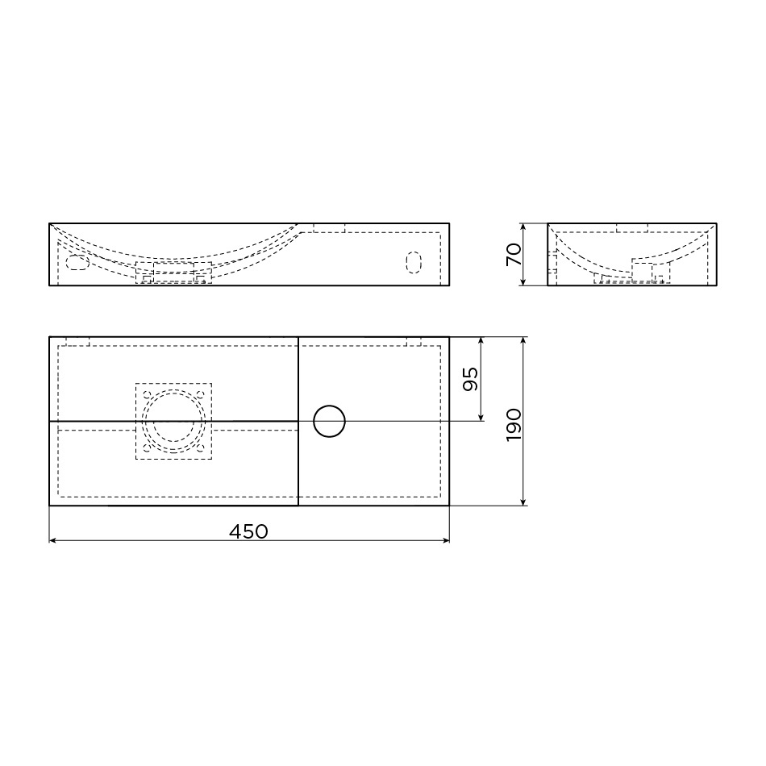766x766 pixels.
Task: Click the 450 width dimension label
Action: (x=248, y=531)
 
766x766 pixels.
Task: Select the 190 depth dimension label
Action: (x=514, y=426)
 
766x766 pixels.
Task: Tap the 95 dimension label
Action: (x=470, y=379)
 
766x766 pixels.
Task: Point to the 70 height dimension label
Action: (x=514, y=254)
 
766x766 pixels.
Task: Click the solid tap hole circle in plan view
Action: (x=329, y=421)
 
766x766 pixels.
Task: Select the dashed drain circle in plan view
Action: (x=173, y=421)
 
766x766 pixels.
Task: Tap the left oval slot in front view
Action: (x=77, y=262)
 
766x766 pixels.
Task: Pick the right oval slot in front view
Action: (x=414, y=262)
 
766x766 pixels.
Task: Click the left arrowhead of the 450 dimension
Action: (x=52, y=540)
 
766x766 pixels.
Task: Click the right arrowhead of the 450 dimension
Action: (x=446, y=540)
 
